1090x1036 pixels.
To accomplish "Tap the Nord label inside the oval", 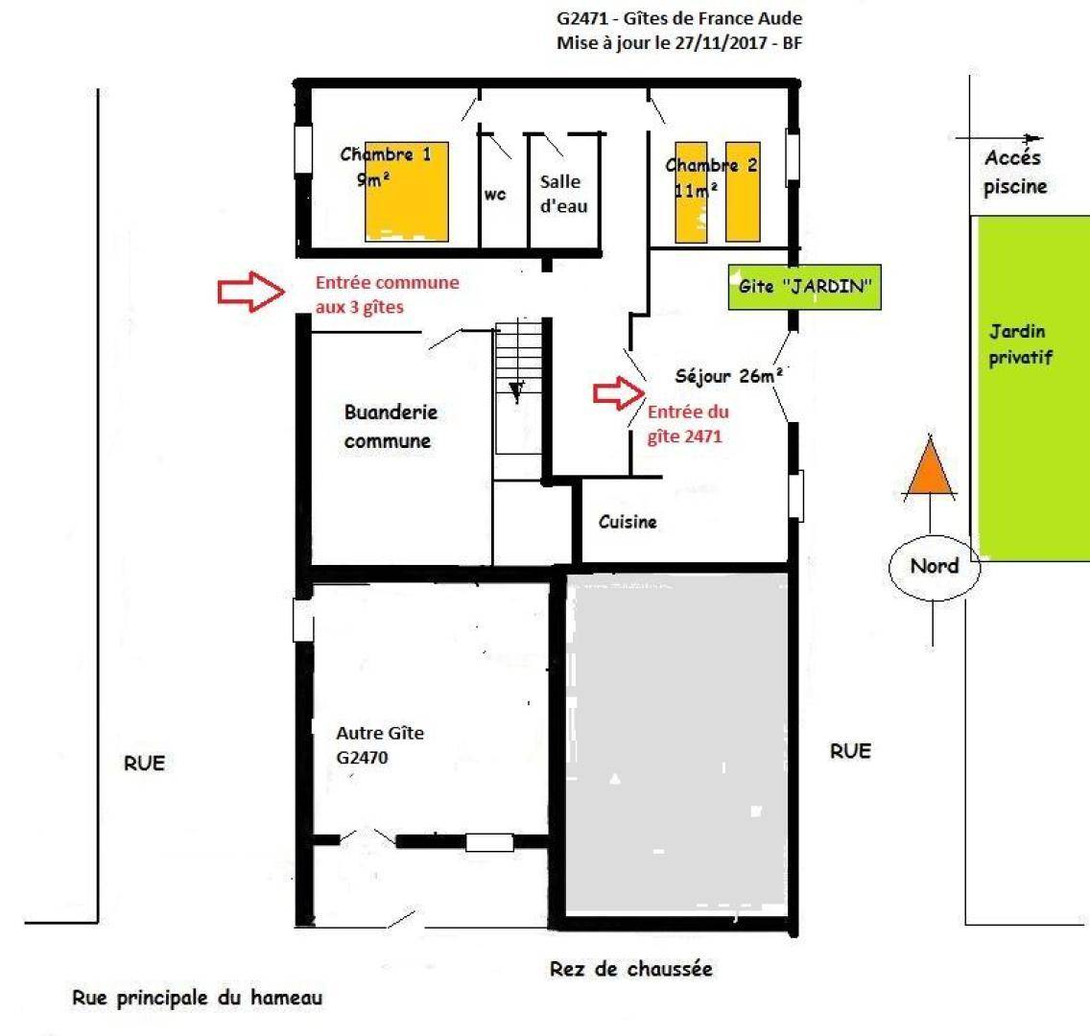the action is [x=935, y=566].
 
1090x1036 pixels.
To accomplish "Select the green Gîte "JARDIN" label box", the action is [x=804, y=286].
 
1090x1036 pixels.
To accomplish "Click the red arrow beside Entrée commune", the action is [x=251, y=292].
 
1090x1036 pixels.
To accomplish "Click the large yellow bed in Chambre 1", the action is [x=407, y=192].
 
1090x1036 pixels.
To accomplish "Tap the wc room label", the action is [x=495, y=195].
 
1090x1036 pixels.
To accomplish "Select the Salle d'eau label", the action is [x=563, y=194].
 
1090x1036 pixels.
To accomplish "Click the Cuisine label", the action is [x=628, y=522].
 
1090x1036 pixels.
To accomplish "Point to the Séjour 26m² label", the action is [x=728, y=376].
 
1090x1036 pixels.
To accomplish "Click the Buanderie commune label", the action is [x=390, y=427].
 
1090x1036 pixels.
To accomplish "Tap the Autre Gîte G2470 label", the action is [x=380, y=744].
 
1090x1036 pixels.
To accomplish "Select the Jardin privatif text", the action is [x=1021, y=344].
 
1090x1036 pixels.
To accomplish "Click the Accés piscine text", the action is [x=1014, y=173].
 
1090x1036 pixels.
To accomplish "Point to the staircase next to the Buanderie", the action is [x=518, y=387].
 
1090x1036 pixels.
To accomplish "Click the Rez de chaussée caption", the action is [x=631, y=969].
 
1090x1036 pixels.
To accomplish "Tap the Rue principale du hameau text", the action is [x=198, y=999].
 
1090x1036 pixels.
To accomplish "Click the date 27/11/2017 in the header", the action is [x=725, y=43].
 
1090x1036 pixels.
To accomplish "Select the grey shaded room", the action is [x=677, y=742].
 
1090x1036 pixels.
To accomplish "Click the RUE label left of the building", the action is [x=145, y=763].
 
